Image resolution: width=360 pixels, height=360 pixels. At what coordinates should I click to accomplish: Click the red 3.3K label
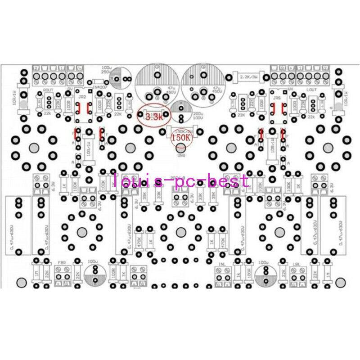154,118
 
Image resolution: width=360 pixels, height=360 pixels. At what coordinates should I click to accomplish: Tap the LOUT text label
311,90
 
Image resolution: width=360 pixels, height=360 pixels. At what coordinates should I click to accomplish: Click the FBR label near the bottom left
62,261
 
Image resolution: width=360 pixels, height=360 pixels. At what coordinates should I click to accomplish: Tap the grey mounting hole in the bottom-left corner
21,283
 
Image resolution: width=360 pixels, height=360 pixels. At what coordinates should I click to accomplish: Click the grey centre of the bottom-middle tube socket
180,232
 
